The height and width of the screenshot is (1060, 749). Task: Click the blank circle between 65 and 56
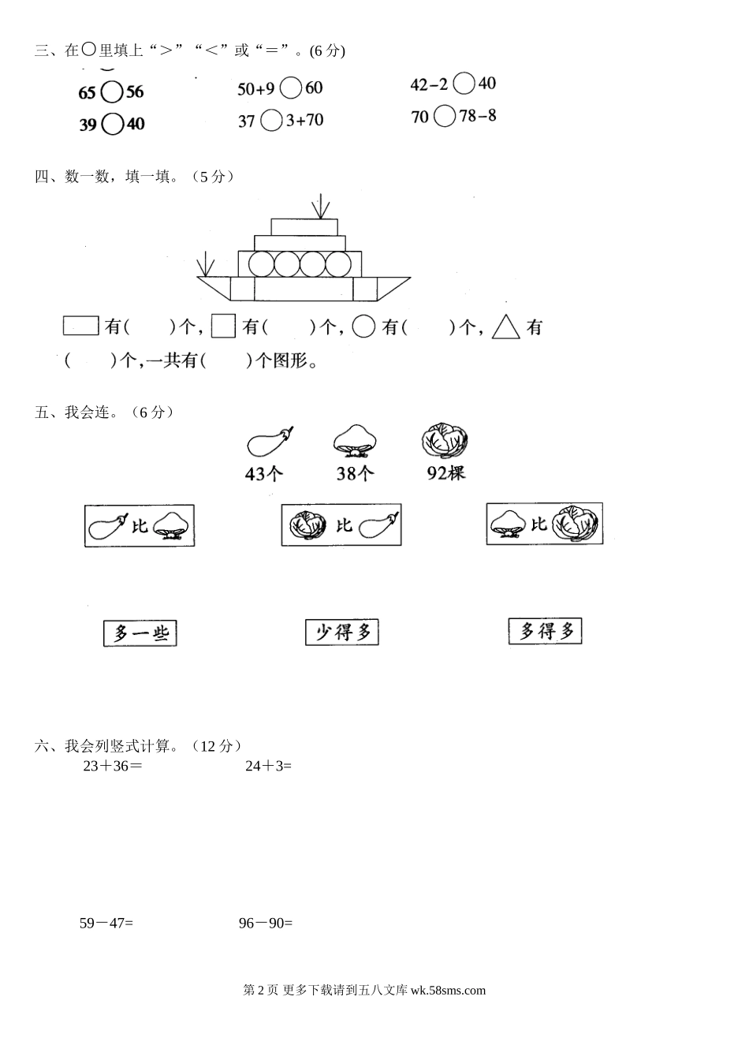[x=112, y=92]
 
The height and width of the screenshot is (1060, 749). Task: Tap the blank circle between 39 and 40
[x=113, y=124]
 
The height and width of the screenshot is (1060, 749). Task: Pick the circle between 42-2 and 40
[x=464, y=84]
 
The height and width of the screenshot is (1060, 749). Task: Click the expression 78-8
[x=478, y=116]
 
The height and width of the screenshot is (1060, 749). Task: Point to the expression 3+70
[x=304, y=121]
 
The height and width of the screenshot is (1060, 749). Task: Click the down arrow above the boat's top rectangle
[x=320, y=206]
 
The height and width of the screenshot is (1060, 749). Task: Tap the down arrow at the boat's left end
[x=206, y=264]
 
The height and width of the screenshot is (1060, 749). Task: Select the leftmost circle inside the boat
[x=262, y=263]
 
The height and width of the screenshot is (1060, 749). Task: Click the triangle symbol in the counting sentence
[x=506, y=327]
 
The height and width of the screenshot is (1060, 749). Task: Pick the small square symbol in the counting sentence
[x=224, y=327]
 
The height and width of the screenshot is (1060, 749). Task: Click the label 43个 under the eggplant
[x=265, y=473]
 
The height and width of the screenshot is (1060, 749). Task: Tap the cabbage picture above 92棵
[x=445, y=441]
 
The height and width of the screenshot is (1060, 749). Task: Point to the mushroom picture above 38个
[x=355, y=441]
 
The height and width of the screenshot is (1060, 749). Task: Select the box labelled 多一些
[x=140, y=633]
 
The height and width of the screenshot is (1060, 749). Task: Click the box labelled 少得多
[x=342, y=632]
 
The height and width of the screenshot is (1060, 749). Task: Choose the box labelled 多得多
[x=545, y=631]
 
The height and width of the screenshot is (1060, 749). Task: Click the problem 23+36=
[x=113, y=765]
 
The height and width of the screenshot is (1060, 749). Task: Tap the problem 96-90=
[x=266, y=923]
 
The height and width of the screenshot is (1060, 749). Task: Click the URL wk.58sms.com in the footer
[x=448, y=991]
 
